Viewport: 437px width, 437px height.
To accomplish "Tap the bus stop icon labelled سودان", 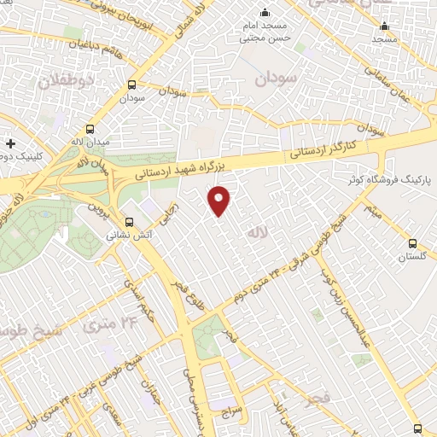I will pyautogui.click(x=131, y=84).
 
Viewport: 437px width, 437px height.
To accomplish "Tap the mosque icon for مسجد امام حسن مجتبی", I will pyautogui.click(x=265, y=12).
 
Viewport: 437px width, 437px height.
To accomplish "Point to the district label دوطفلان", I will pyautogui.click(x=62, y=81).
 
